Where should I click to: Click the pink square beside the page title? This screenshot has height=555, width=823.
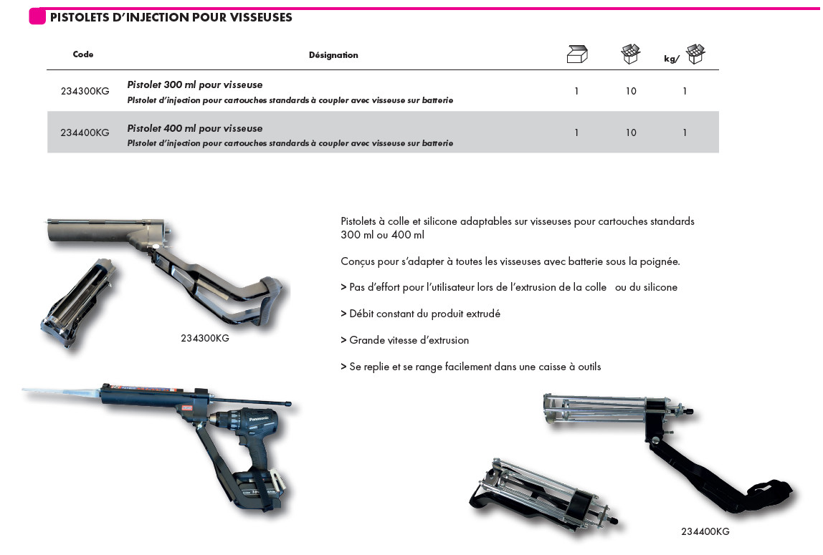(37, 16)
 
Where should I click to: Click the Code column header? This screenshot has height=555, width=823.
(83, 54)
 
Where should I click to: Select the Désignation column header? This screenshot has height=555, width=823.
(333, 55)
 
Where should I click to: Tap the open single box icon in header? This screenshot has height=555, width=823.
(577, 54)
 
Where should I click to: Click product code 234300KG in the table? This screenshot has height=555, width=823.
(85, 92)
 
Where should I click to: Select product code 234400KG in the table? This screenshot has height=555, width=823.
(85, 132)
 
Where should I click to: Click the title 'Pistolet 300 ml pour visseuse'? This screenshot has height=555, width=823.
(195, 85)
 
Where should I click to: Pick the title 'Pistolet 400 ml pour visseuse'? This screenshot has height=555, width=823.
(195, 128)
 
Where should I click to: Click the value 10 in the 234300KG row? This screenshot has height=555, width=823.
(631, 92)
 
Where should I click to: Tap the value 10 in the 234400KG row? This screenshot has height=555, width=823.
(631, 132)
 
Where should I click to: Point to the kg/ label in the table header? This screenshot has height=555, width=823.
(671, 59)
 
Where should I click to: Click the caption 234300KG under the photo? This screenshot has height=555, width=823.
(205, 338)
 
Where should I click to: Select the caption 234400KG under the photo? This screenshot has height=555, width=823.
(705, 531)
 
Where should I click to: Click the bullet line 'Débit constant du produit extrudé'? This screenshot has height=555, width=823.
(421, 314)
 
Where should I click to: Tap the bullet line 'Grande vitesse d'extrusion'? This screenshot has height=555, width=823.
(405, 340)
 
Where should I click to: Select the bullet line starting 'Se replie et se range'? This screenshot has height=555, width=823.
(471, 367)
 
